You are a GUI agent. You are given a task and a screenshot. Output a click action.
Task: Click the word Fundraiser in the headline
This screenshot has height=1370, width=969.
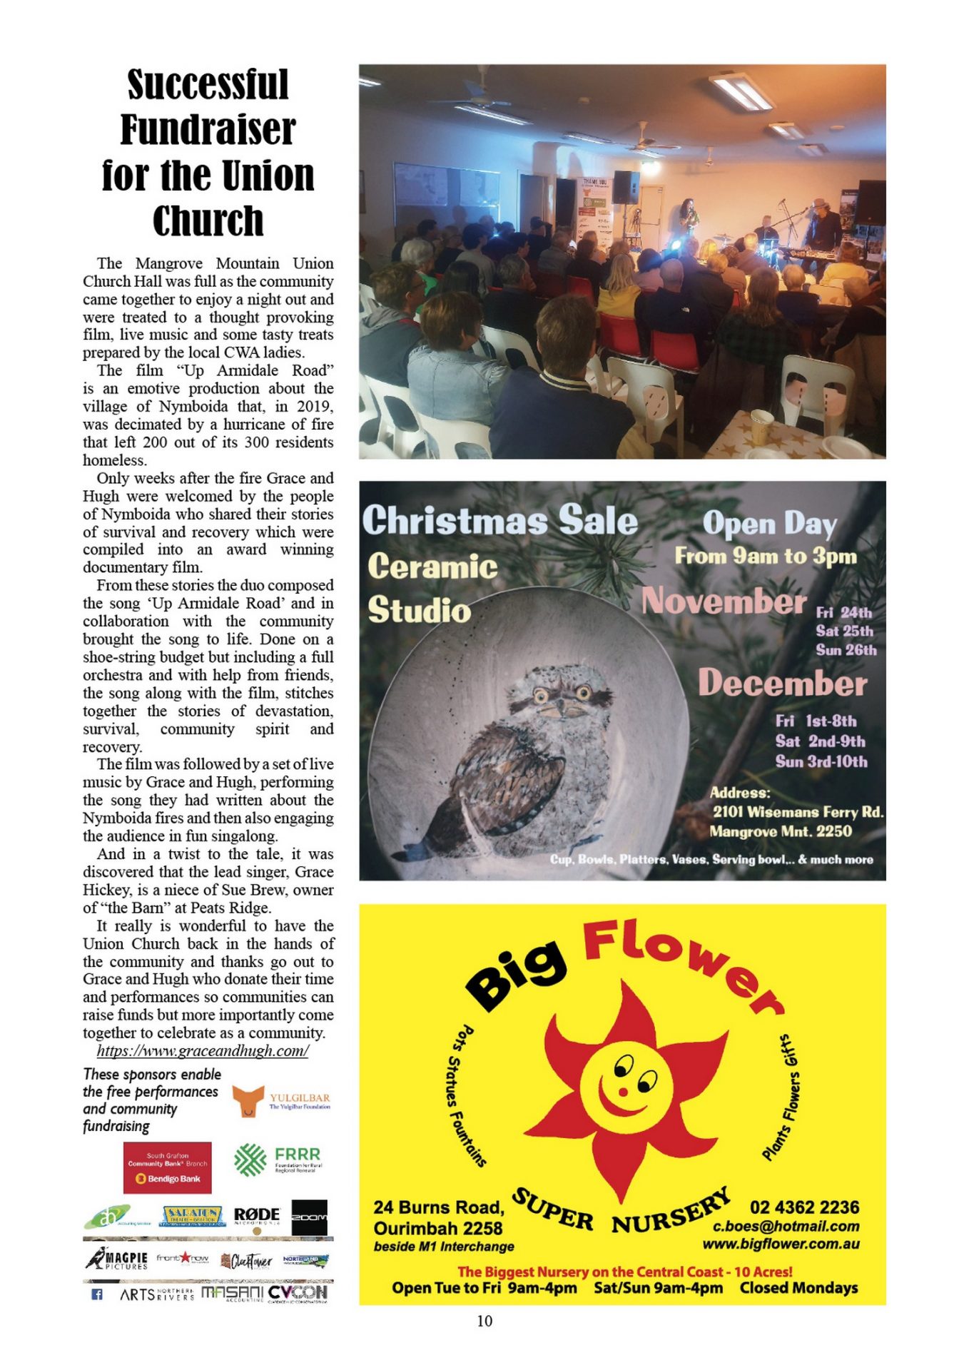click(208, 130)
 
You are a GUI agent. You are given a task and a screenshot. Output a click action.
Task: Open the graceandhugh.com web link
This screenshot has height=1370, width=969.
click(203, 1050)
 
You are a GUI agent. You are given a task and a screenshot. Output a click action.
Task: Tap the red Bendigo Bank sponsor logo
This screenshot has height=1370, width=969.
click(168, 1167)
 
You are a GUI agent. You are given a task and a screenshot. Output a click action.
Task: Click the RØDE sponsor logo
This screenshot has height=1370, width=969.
click(257, 1215)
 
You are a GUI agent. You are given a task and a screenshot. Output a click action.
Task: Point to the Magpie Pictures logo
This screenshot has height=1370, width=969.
click(117, 1259)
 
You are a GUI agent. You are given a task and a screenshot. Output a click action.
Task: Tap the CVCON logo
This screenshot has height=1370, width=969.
click(298, 1292)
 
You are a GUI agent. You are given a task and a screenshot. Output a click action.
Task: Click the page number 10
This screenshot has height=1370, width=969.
click(484, 1321)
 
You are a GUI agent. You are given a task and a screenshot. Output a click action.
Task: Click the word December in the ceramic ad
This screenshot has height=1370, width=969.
click(782, 683)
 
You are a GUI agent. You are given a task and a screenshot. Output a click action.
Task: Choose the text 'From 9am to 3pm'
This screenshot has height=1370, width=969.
click(766, 556)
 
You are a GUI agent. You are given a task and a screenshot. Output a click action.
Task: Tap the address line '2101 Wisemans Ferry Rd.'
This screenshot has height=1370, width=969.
click(798, 812)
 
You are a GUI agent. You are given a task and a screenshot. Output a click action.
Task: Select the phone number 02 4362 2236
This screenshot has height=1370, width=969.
click(804, 1207)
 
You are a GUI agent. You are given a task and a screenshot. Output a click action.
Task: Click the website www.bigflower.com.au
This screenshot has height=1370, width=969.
click(781, 1244)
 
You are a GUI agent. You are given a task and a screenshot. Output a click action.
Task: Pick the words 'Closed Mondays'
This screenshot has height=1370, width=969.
click(798, 1288)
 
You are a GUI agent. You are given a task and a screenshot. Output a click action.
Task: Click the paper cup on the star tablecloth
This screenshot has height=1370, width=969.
click(761, 427)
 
